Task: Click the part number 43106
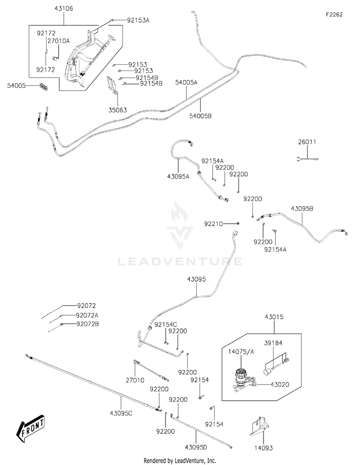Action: tap(63, 9)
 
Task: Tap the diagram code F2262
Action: tap(334, 14)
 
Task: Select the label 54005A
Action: tap(186, 83)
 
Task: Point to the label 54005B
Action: tap(201, 116)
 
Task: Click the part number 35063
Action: tap(118, 110)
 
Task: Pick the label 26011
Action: tap(307, 142)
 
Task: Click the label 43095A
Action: tap(178, 177)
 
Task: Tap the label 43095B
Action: tap(302, 208)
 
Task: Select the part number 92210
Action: tap(213, 224)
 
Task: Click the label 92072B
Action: tap(87, 324)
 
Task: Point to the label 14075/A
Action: tap(241, 352)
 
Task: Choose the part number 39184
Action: tap(273, 343)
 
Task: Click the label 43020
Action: tap(280, 385)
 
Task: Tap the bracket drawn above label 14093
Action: tap(260, 427)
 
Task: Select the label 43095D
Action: tap(196, 447)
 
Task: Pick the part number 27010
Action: tap(135, 380)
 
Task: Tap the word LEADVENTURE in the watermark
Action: tap(180, 262)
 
